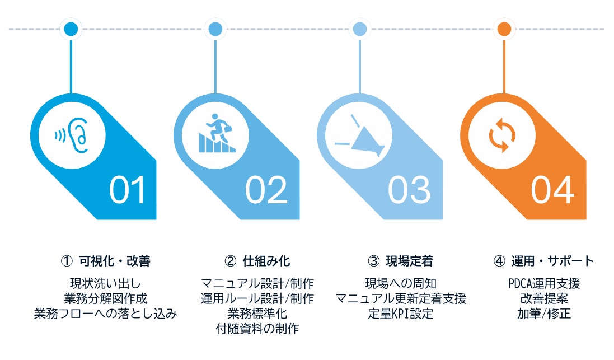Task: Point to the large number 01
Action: coord(128,190)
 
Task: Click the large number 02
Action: coord(266,190)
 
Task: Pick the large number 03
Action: coord(410,190)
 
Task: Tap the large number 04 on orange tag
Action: coord(552,190)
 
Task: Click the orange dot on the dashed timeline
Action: coord(504,29)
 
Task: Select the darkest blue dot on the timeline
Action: coord(71,29)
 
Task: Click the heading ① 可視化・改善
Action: coord(105,261)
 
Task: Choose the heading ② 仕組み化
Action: coord(257,261)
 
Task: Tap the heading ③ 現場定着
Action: coord(400,261)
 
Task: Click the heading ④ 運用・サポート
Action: coord(544,261)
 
